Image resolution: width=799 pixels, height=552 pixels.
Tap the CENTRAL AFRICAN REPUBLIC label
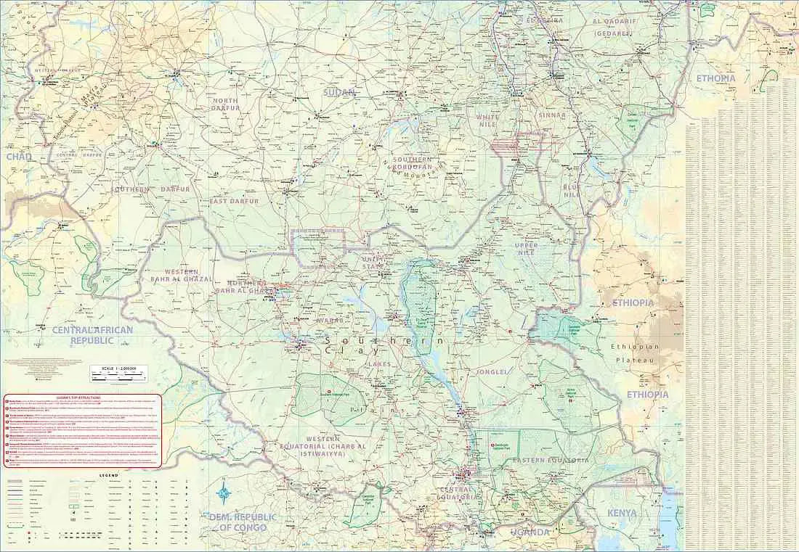click(84, 335)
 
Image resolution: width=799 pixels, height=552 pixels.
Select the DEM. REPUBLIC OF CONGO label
click(243, 522)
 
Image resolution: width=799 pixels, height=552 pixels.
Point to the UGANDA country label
click(530, 532)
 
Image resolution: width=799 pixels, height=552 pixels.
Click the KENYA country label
click(622, 513)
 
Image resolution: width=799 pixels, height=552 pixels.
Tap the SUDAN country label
click(339, 93)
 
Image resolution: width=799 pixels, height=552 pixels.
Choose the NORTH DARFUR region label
click(225, 105)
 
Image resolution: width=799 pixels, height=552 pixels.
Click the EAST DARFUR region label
click(235, 201)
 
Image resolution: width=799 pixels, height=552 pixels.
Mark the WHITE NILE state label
click(495, 120)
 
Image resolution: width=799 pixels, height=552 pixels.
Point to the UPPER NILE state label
click(527, 249)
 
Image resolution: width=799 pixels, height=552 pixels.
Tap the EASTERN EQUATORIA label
click(550, 461)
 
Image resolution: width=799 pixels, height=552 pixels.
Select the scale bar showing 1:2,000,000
click(118, 374)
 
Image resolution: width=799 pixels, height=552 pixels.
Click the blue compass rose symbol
click(225, 492)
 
